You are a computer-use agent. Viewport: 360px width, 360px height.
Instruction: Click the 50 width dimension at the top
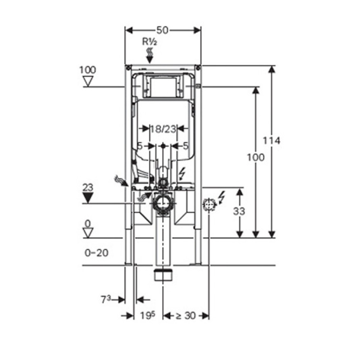point(163,30)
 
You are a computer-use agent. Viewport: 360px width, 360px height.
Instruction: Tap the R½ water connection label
point(150,42)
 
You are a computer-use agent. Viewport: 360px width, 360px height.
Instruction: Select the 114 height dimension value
point(271,140)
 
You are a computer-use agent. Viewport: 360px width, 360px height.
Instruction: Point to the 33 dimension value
point(239,211)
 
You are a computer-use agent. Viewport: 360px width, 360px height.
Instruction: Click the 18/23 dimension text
point(163,129)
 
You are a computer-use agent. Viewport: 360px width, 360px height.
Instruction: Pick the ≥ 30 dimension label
point(185,315)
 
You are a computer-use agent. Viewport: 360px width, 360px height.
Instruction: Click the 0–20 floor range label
point(96,253)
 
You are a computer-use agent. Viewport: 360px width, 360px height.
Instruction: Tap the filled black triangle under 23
point(88,197)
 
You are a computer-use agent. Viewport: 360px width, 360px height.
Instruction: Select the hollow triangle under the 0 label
point(88,233)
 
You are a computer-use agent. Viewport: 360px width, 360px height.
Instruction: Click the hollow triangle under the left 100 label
point(88,81)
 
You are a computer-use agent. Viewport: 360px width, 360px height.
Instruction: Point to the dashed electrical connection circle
point(209,204)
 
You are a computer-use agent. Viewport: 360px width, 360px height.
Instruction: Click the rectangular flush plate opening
point(163,87)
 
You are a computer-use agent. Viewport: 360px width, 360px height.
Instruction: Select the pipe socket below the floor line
point(163,274)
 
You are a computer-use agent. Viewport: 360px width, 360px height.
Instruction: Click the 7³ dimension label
point(106,300)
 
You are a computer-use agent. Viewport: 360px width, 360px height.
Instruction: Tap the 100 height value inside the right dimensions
point(256,158)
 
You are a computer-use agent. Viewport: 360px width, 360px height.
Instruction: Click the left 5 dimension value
point(140,145)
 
